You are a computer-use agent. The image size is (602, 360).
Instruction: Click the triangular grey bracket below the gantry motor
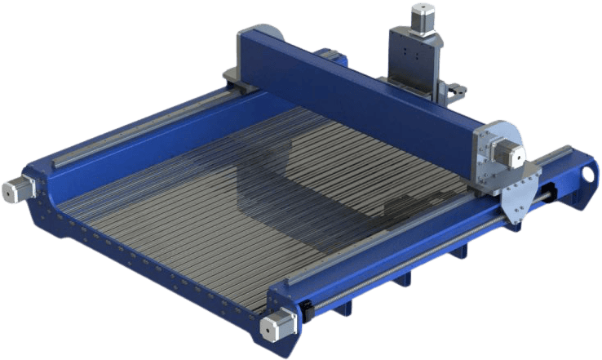point(518,200)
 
